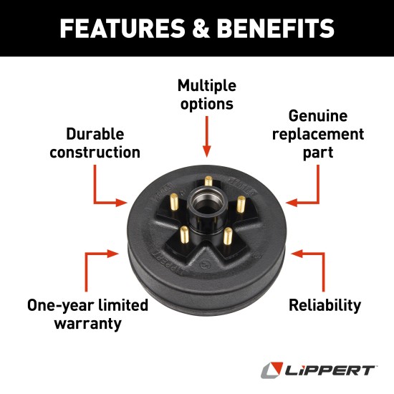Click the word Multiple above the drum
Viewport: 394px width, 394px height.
(x=206, y=85)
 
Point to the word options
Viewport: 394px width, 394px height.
(x=206, y=104)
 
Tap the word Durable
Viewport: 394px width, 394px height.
(x=95, y=134)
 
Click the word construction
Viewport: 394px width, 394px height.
(x=95, y=152)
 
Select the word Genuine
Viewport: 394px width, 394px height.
(x=318, y=116)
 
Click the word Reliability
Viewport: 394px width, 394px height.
(x=325, y=305)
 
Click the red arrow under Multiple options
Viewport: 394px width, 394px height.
(x=206, y=136)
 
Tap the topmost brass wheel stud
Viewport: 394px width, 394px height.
(x=208, y=182)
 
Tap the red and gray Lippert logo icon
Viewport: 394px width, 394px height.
(x=270, y=370)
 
